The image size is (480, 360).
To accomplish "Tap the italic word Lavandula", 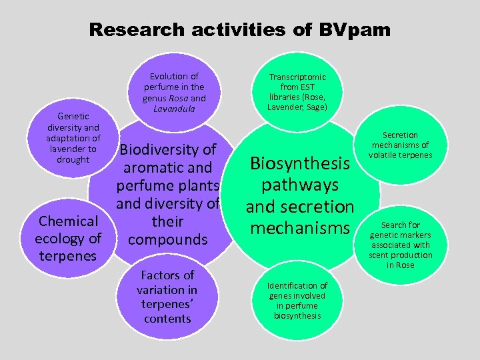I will pyautogui.click(x=174, y=109).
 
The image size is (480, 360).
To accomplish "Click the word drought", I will pyautogui.click(x=73, y=159).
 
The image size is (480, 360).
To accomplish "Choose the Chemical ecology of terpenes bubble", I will pyautogui.click(x=68, y=238).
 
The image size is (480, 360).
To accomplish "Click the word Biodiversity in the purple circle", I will pyautogui.click(x=167, y=149).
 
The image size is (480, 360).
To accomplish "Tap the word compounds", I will pyautogui.click(x=167, y=239).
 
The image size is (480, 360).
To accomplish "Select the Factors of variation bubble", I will pyautogui.click(x=167, y=297).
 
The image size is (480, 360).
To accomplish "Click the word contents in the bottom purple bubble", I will pyautogui.click(x=167, y=319).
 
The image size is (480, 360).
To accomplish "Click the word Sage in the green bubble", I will pyautogui.click(x=313, y=107).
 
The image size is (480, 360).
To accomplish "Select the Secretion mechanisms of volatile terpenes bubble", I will pyautogui.click(x=402, y=145).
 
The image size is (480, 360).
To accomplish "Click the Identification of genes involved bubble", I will pyautogui.click(x=297, y=301).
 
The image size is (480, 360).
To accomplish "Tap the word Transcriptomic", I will pyautogui.click(x=297, y=77).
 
